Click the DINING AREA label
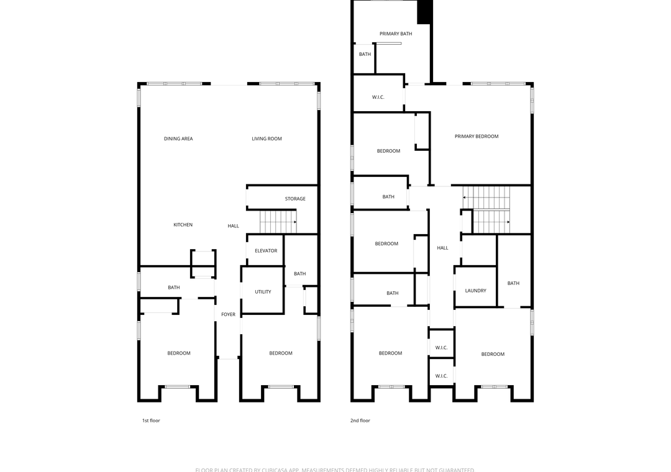pyautogui.click(x=178, y=138)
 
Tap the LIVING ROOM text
pyautogui.click(x=267, y=138)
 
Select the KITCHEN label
pyautogui.click(x=183, y=225)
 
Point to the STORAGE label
pyautogui.click(x=295, y=199)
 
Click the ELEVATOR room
pyautogui.click(x=266, y=250)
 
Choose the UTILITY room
pyautogui.click(x=263, y=291)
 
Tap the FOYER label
pyautogui.click(x=229, y=314)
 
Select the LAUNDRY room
pyautogui.click(x=475, y=291)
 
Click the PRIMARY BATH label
pyautogui.click(x=396, y=34)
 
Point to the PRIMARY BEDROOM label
pyautogui.click(x=477, y=136)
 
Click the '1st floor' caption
pyautogui.click(x=151, y=420)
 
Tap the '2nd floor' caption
pyautogui.click(x=360, y=420)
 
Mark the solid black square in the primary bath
pyautogui.click(x=424, y=11)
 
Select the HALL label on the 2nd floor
pyautogui.click(x=442, y=248)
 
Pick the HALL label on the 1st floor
pyautogui.click(x=233, y=225)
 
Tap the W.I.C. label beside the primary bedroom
pyautogui.click(x=378, y=97)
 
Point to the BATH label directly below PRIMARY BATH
pyautogui.click(x=365, y=54)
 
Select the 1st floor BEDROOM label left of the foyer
pyautogui.click(x=179, y=353)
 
